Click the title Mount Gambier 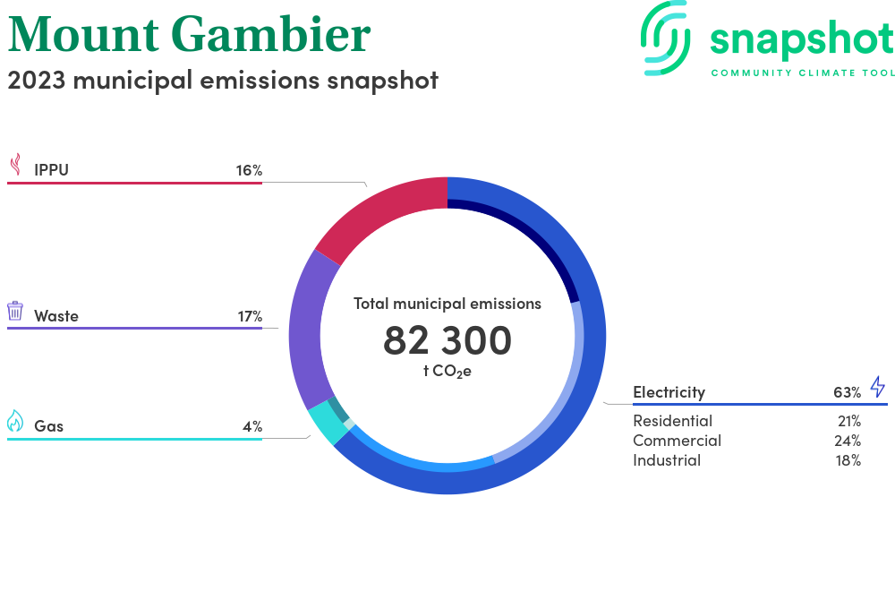189,34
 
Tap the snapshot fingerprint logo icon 665,38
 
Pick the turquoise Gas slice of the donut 327,424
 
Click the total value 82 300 447,340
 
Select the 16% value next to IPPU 250,170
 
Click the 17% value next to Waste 250,316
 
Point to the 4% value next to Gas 252,426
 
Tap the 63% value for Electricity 847,392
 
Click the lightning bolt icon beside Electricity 878,387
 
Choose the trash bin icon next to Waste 15,311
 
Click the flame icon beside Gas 15,421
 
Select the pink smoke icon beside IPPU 16,164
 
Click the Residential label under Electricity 672,421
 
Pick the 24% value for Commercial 848,441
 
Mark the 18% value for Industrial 848,460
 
